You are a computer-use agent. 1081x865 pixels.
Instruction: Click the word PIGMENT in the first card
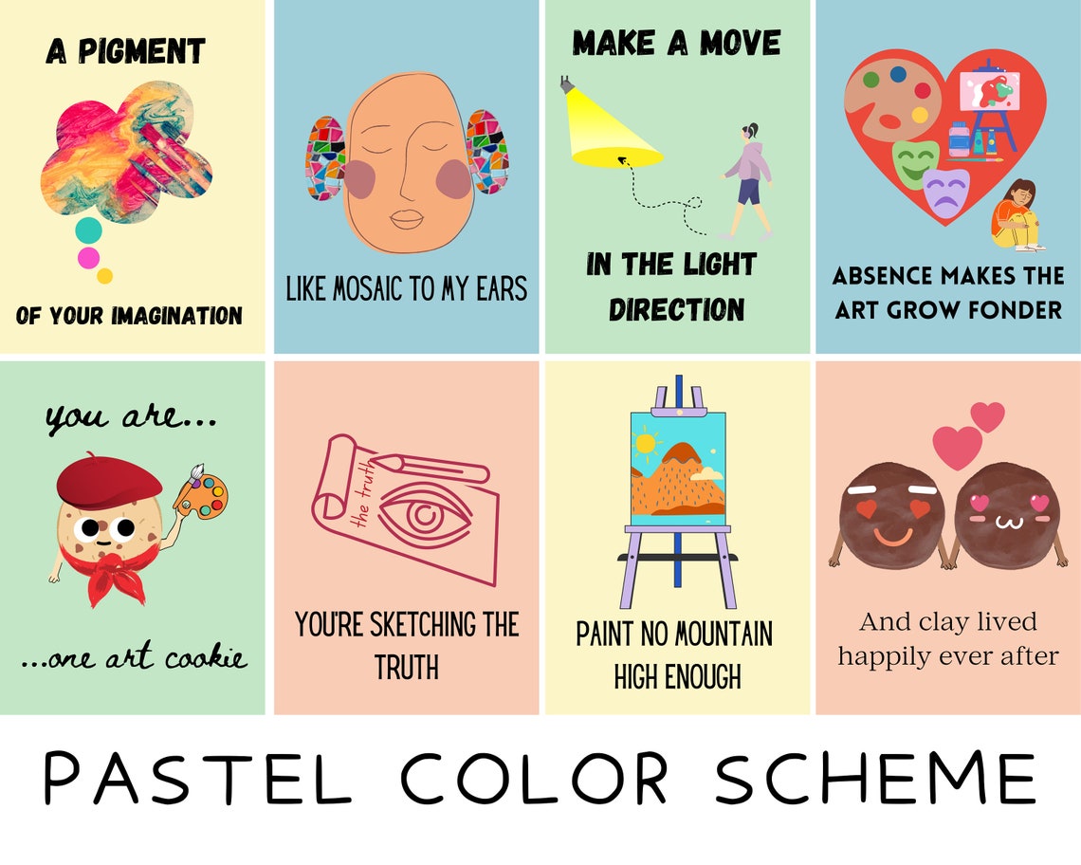tap(141, 51)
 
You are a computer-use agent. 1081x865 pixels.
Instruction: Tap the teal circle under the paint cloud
tap(88, 230)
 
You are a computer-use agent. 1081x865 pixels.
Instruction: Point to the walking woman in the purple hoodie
tap(746, 180)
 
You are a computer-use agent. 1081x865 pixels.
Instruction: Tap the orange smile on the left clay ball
tap(892, 538)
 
